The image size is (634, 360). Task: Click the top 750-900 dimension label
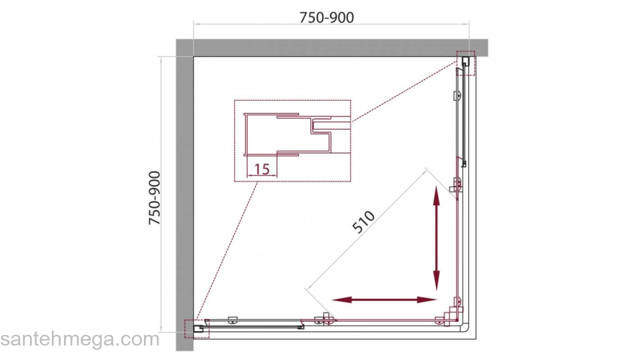click(326, 17)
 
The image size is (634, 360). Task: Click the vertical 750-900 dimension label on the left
click(155, 198)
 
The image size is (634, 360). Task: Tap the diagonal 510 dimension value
click(364, 222)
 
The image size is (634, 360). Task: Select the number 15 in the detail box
click(262, 168)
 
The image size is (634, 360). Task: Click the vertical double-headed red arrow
click(437, 238)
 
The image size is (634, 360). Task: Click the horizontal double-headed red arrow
click(384, 300)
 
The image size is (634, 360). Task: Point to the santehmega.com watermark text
click(80, 339)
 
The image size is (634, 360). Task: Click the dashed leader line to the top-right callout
click(404, 92)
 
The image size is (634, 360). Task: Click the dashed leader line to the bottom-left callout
click(227, 251)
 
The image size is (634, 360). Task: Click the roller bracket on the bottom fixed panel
click(233, 320)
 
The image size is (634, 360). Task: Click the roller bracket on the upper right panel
click(457, 96)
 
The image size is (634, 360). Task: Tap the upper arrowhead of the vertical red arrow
click(437, 195)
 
